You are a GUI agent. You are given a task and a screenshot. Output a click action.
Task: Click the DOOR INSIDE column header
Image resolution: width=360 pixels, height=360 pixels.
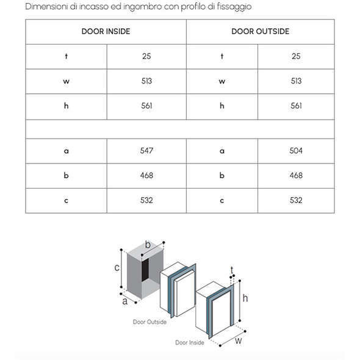point(106,32)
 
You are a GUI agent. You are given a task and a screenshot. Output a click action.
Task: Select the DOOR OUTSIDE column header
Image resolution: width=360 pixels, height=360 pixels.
point(261,32)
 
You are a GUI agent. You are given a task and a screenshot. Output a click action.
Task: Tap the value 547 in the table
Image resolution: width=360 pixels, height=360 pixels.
point(146,151)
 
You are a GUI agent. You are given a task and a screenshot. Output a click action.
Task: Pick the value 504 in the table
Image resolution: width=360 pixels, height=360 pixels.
point(296,151)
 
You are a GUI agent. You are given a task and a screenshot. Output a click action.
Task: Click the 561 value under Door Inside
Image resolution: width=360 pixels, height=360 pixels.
point(146,106)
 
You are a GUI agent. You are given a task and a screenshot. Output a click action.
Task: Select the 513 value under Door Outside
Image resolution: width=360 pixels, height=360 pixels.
point(296,81)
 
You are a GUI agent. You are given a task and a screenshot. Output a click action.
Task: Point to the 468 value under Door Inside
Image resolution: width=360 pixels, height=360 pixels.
point(146,176)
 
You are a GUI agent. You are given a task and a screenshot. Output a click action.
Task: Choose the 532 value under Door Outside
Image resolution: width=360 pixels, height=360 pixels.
point(296,200)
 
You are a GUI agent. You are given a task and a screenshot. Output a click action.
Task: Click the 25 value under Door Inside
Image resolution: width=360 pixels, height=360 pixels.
point(146,56)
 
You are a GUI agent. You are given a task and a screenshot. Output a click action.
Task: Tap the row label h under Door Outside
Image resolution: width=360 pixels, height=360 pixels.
point(221,106)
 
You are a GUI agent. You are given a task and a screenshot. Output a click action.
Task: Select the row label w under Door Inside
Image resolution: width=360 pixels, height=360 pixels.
point(66,82)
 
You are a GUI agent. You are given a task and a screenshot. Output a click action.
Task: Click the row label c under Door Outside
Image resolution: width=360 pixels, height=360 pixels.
point(221,201)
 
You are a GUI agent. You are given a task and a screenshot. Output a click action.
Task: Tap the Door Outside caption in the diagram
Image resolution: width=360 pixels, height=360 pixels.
point(149,322)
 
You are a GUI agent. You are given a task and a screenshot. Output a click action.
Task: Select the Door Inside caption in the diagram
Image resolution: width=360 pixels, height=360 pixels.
point(190,342)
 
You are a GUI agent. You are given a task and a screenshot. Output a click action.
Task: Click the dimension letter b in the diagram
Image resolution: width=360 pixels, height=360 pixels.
point(148,245)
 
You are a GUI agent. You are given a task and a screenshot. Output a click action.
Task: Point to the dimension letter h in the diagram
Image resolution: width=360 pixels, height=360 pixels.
point(245,298)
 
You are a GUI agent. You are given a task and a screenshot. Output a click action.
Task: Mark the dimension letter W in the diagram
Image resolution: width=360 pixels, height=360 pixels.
point(239,341)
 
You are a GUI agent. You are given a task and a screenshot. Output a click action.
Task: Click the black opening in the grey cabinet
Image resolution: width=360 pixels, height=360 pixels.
point(145,270)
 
